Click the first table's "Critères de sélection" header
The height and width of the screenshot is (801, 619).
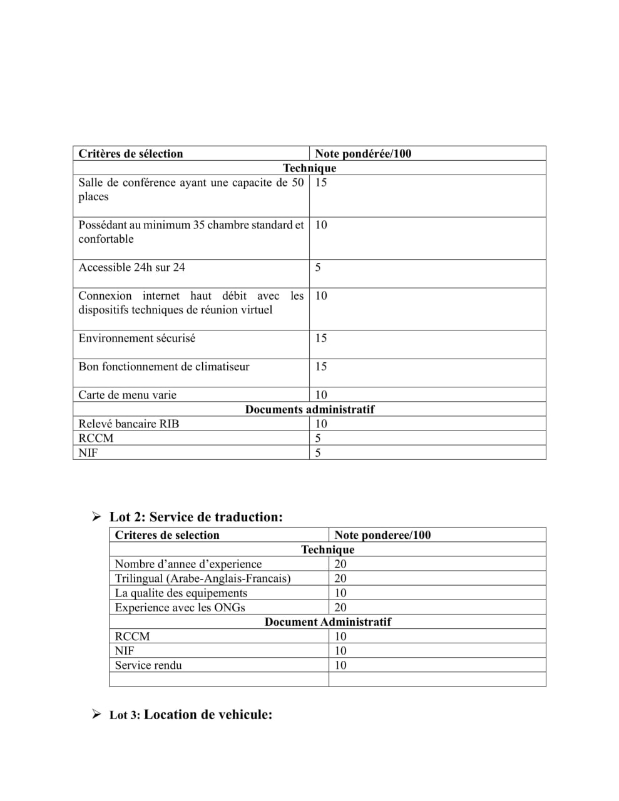(x=131, y=154)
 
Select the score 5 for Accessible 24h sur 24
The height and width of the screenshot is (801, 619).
(x=318, y=268)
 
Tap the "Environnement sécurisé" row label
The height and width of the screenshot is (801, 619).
(x=137, y=339)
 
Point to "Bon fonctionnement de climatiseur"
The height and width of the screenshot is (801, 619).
(x=164, y=367)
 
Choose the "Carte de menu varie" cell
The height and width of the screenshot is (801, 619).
(x=128, y=395)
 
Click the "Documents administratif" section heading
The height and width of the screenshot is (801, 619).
(x=310, y=409)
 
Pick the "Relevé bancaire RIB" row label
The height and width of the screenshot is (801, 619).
(x=129, y=424)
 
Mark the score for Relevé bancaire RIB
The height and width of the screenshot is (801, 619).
(x=321, y=424)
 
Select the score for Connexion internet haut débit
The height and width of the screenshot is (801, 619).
(x=321, y=296)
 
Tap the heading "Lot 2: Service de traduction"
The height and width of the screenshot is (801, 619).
(x=196, y=517)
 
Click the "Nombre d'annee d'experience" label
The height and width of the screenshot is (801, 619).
(x=188, y=564)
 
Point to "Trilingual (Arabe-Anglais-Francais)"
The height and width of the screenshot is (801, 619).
(x=203, y=578)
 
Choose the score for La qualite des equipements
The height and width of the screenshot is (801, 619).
(x=340, y=593)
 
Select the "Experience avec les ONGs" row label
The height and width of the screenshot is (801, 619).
(x=180, y=607)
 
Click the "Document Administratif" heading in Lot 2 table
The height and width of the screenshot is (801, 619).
(x=328, y=621)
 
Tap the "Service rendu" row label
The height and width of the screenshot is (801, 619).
(x=148, y=665)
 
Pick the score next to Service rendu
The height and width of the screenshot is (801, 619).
(x=340, y=665)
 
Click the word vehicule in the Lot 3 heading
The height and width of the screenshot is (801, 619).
(x=243, y=715)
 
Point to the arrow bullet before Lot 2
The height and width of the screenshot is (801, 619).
(x=96, y=517)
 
